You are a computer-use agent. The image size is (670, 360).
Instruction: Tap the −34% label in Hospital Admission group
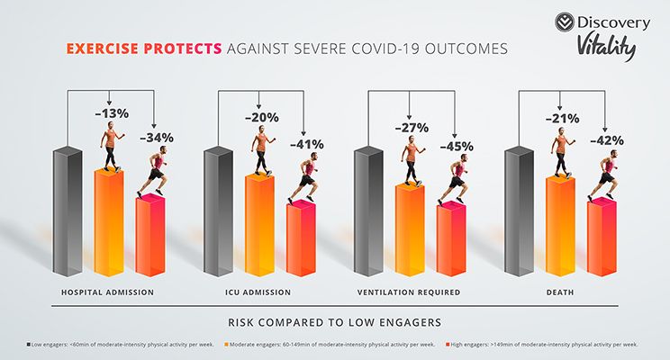(x=156, y=138)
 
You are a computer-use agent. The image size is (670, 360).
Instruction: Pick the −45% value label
(x=456, y=146)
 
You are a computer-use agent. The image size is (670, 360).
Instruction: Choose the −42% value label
(x=606, y=141)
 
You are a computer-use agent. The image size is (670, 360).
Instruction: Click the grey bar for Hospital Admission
(x=68, y=211)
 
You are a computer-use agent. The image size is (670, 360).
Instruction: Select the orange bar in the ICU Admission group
(x=260, y=225)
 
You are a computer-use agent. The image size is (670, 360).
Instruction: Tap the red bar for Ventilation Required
(x=451, y=239)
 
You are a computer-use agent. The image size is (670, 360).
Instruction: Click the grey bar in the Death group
(x=519, y=211)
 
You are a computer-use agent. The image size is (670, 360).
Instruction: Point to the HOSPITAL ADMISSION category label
(x=107, y=292)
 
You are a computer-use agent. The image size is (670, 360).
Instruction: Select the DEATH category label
(x=557, y=292)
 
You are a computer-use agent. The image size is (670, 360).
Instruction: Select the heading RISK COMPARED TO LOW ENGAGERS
(x=335, y=320)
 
